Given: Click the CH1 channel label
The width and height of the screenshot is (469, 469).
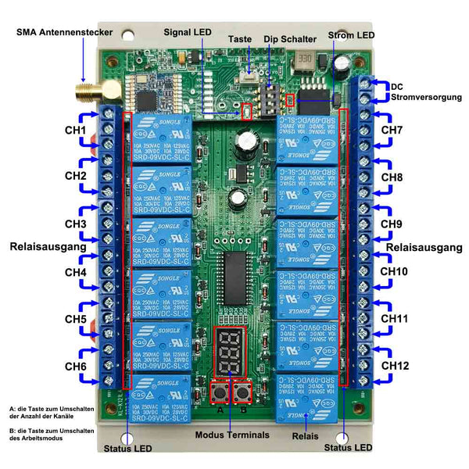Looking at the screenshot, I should [x=75, y=130].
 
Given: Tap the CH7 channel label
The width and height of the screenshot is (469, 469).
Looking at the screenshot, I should [x=392, y=130].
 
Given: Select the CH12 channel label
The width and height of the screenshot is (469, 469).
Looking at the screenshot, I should [x=395, y=364].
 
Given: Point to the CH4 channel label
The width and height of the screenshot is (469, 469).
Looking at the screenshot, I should [x=75, y=273].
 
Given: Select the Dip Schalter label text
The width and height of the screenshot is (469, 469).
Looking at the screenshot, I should [x=290, y=38].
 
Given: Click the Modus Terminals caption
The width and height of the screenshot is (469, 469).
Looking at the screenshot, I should [x=232, y=435].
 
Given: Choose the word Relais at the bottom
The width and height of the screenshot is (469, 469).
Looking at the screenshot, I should [x=304, y=436].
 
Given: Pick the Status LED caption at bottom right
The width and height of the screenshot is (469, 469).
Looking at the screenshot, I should [x=348, y=448].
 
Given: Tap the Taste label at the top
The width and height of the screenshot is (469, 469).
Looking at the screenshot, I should [x=240, y=38].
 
